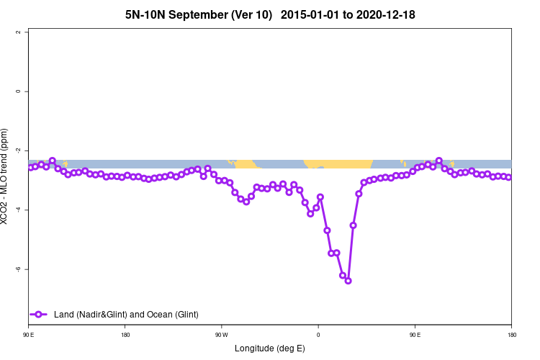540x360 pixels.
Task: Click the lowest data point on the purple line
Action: (348, 281)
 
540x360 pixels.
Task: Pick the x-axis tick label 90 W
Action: (221, 335)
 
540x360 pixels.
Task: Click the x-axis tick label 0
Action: (318, 335)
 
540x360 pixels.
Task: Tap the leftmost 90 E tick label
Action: (28, 335)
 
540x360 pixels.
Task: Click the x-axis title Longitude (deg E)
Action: (270, 348)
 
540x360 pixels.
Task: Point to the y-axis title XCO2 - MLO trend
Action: (6, 176)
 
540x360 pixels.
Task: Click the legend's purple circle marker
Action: (39, 314)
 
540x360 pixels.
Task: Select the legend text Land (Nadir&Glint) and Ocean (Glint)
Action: (126, 314)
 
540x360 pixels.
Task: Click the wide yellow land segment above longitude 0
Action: (337, 163)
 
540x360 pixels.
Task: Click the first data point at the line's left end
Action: (30, 168)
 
